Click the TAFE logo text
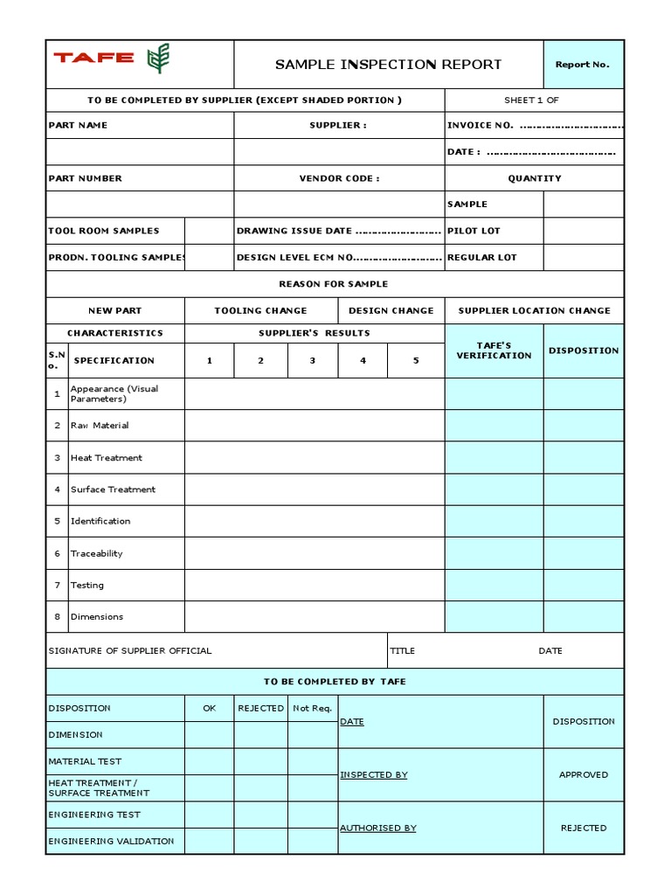click(x=93, y=59)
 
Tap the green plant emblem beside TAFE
click(x=158, y=59)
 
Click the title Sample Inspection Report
click(x=388, y=64)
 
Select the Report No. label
click(x=583, y=65)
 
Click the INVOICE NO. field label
click(x=481, y=125)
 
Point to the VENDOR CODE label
click(x=339, y=178)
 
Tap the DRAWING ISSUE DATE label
click(x=294, y=231)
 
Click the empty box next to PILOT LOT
click(x=583, y=231)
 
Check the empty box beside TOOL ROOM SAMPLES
click(x=209, y=231)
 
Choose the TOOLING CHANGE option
click(x=260, y=310)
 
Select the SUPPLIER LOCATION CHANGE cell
click(x=534, y=310)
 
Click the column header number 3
click(x=312, y=360)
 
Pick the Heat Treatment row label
click(x=106, y=458)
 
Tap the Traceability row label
click(x=96, y=553)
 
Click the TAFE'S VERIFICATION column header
click(x=494, y=350)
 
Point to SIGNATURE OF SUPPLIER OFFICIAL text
click(x=130, y=651)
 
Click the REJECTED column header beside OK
click(x=260, y=708)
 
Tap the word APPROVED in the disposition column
click(x=583, y=774)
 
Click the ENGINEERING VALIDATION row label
click(x=111, y=841)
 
